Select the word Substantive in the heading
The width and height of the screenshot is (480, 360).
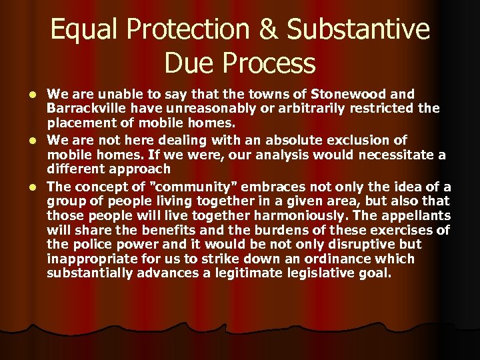361,31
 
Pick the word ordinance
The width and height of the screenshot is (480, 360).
309,259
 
